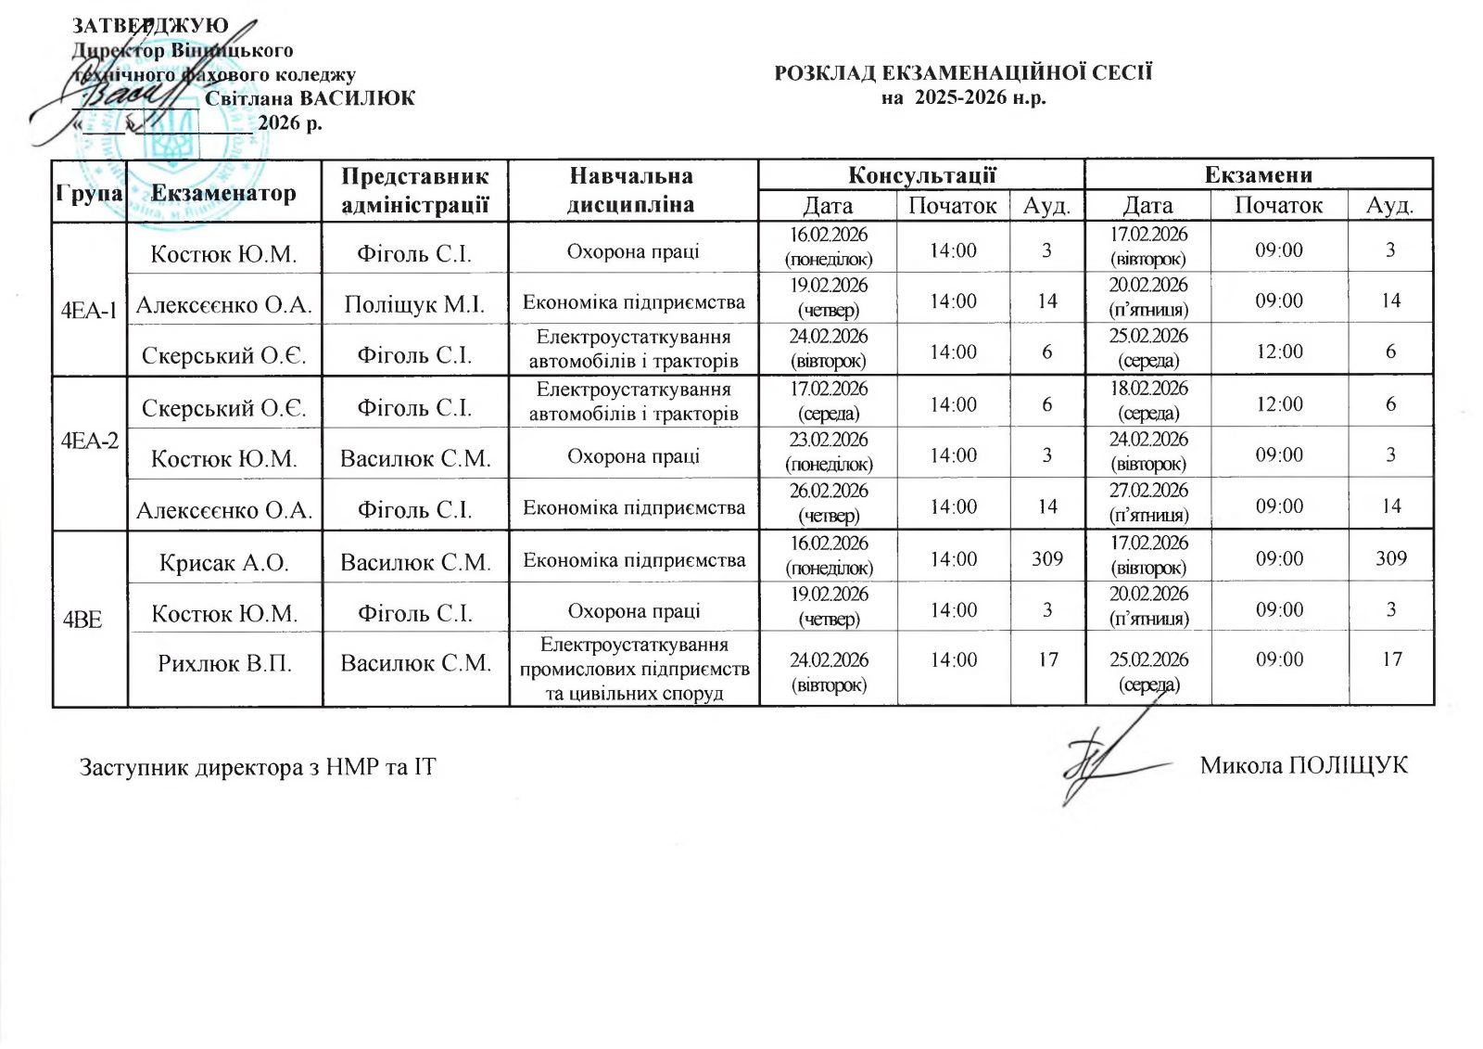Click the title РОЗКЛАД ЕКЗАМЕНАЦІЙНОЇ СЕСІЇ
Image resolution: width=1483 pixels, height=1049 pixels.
[x=963, y=72]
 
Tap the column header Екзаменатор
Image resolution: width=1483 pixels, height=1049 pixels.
[x=223, y=192]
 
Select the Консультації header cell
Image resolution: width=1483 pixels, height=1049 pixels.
[x=921, y=174]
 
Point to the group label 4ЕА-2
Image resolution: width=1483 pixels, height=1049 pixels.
[x=90, y=441]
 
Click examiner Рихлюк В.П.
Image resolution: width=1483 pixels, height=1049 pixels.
[x=224, y=663]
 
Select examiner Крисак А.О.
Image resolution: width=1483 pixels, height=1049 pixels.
[x=224, y=562]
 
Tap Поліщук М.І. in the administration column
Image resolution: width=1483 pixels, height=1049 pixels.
[x=414, y=304]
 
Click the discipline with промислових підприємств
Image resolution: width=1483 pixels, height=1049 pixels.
[x=634, y=669]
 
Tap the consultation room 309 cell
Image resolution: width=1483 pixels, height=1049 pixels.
[x=1047, y=558]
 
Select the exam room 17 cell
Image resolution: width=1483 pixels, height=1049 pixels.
[x=1391, y=659]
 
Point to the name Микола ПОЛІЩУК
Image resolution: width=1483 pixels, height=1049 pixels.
[x=1303, y=766]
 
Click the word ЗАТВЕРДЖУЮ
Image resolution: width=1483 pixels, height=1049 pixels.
[x=151, y=25]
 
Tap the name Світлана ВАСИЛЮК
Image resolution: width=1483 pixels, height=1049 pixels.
[x=310, y=98]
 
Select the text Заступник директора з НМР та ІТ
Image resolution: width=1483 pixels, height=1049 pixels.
[x=258, y=768]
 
